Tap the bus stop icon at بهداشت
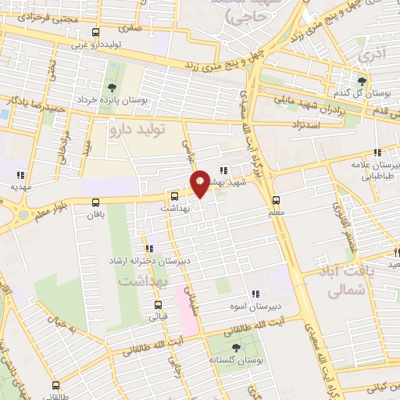[x=174, y=197]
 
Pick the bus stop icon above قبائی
[x=159, y=305]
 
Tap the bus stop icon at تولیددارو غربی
[x=95, y=33]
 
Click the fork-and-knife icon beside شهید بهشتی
[x=223, y=170]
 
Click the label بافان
[x=95, y=213]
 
